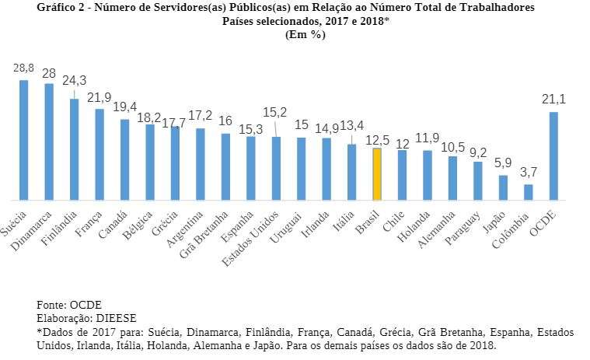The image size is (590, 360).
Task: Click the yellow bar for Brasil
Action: (376, 173)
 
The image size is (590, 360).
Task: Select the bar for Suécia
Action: (24, 139)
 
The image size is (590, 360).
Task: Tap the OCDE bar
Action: (553, 156)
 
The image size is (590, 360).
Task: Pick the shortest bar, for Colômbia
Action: (528, 191)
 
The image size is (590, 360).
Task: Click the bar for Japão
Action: (503, 187)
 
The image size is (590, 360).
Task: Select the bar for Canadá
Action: (124, 159)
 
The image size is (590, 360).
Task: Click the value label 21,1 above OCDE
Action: (553, 98)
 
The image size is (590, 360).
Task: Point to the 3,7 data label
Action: (528, 170)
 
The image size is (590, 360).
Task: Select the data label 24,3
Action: (75, 80)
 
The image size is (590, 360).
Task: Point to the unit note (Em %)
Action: (305, 34)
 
